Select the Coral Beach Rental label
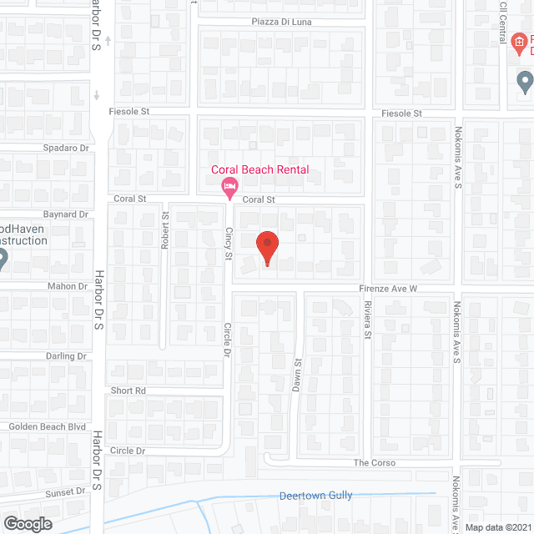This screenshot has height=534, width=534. click(259, 170)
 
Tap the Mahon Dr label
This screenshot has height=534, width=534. click(69, 286)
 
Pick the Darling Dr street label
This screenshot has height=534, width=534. click(67, 356)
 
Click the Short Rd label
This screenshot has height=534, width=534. click(128, 390)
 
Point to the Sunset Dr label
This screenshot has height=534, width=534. click(68, 492)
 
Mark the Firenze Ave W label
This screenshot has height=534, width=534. click(389, 289)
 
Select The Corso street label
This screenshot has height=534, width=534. click(375, 463)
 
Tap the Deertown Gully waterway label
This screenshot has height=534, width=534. click(315, 496)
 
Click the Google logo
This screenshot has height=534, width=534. click(27, 523)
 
